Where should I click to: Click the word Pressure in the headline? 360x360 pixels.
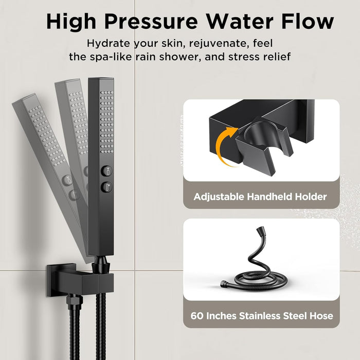tap(151, 22)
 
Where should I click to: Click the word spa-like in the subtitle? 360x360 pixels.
tap(111, 57)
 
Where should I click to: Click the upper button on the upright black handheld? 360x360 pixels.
tap(106, 171)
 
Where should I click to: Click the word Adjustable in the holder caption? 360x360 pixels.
tap(219, 197)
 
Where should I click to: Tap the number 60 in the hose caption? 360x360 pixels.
tap(197, 316)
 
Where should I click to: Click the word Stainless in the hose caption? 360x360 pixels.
tap(260, 316)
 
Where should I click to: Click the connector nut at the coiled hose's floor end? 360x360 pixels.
tap(224, 284)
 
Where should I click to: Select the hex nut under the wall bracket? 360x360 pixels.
tap(75, 300)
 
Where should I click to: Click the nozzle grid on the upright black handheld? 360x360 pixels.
tap(107, 122)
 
